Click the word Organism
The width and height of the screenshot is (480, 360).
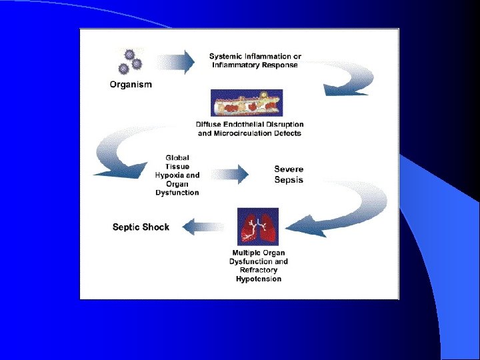click(131, 85)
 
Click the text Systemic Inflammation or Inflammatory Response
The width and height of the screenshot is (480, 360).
click(255, 60)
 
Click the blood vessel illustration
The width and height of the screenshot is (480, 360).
click(247, 103)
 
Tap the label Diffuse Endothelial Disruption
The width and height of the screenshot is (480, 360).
click(250, 124)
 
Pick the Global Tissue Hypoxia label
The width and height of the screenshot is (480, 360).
click(177, 167)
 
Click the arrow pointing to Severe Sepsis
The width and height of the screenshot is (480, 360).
click(230, 175)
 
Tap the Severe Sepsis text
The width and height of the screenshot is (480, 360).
click(289, 174)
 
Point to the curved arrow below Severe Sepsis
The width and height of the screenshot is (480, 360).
click(347, 207)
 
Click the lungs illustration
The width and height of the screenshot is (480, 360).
click(258, 227)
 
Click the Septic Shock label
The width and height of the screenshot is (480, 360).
click(141, 227)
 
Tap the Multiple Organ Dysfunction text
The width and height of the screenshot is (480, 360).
click(259, 257)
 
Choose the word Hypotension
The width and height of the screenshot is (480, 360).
click(259, 279)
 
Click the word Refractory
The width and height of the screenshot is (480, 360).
click(259, 270)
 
